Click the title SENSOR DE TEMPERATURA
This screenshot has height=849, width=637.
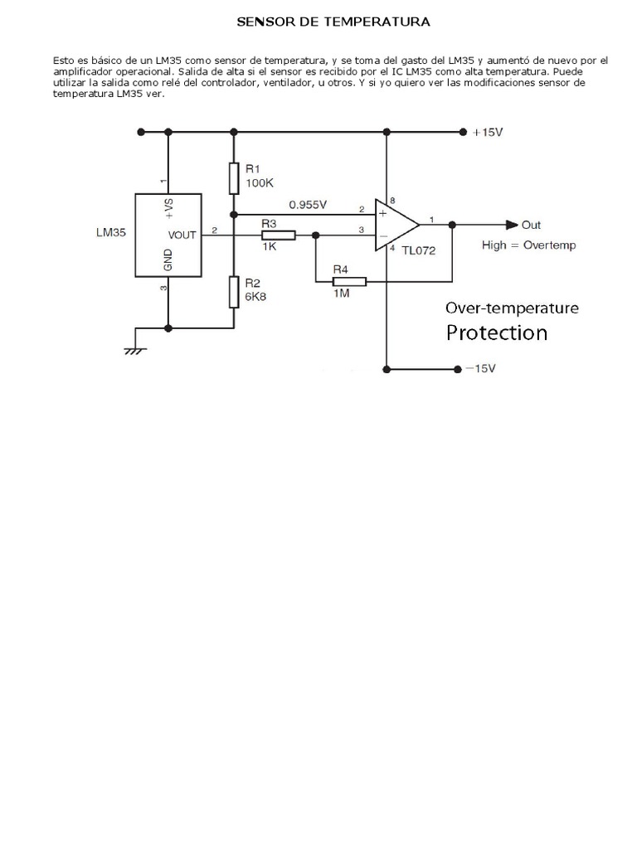[x=333, y=22]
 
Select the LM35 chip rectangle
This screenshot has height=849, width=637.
[x=168, y=235]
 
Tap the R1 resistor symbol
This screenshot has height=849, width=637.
[x=234, y=178]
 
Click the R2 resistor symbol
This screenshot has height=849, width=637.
[x=234, y=291]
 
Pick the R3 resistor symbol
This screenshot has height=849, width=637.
[x=278, y=235]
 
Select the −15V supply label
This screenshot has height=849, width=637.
[x=480, y=368]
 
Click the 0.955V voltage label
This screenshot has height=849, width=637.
[x=308, y=203]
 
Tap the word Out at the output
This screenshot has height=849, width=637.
[x=531, y=225]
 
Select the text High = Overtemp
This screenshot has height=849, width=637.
[x=528, y=245]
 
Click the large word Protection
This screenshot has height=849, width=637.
[x=497, y=333]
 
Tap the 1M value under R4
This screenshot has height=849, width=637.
[x=341, y=293]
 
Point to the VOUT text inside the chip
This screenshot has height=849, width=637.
[x=182, y=235]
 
